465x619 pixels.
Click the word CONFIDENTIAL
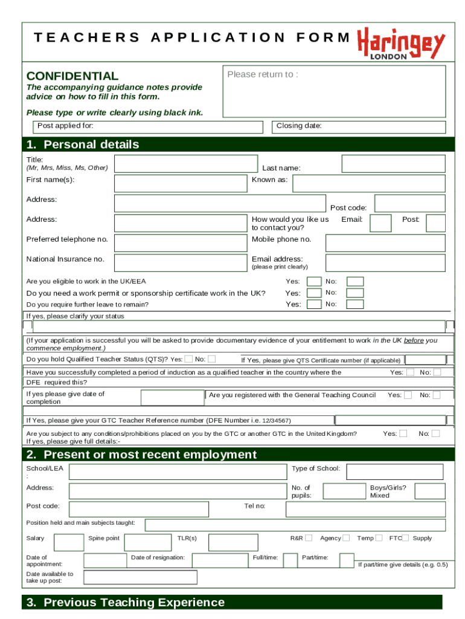[x=72, y=76]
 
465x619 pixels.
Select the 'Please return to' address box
[x=335, y=91]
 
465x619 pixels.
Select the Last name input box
[x=393, y=164]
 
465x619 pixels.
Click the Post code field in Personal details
[x=409, y=203]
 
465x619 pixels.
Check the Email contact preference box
[x=380, y=223]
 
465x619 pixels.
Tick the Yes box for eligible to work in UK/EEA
[x=314, y=281]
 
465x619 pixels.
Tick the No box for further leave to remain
[x=355, y=304]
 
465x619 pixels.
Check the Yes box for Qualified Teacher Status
[x=189, y=359]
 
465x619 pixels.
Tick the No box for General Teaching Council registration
[x=437, y=395]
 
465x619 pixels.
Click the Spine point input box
[x=147, y=542]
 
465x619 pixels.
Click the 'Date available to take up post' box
[x=140, y=577]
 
